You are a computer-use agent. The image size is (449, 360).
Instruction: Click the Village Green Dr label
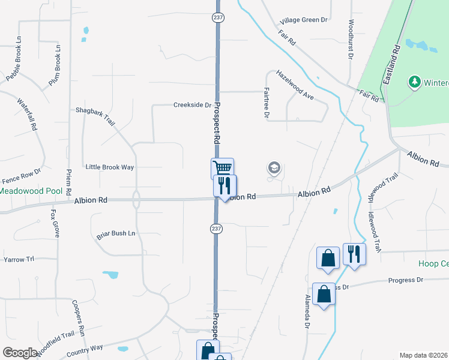pyautogui.click(x=304, y=20)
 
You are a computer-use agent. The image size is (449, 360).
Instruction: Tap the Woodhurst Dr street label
pyautogui.click(x=351, y=40)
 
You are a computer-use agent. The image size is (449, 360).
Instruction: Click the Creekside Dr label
pyautogui.click(x=192, y=104)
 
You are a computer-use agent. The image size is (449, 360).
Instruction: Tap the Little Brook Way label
pyautogui.click(x=110, y=167)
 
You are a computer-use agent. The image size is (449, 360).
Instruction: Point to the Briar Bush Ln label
pyautogui.click(x=116, y=233)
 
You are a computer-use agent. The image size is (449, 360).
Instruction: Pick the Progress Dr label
pyautogui.click(x=406, y=280)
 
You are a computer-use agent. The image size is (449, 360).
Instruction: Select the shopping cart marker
pyautogui.click(x=222, y=168)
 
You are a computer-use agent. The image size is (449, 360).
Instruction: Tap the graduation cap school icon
pyautogui.click(x=274, y=168)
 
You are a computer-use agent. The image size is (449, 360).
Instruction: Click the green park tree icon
pyautogui.click(x=414, y=81)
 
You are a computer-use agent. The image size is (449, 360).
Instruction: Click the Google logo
pyautogui.click(x=20, y=353)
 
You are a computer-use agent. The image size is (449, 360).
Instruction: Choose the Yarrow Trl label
pyautogui.click(x=19, y=259)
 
